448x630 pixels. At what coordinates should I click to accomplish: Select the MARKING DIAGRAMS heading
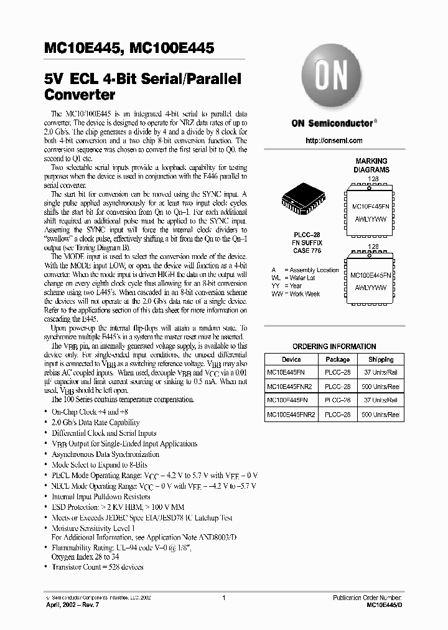pos(371,165)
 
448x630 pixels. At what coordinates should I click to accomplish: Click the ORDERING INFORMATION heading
pos(334,347)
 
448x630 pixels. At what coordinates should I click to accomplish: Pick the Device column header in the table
pos(291,360)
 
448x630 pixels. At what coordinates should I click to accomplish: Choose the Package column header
pos(337,360)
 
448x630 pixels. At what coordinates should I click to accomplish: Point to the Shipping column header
pos(380,360)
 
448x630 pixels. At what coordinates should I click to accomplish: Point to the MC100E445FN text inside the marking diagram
pos(370,275)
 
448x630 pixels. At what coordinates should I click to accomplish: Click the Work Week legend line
pos(296,294)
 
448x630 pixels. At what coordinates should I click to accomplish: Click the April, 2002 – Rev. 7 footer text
pos(73,604)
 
